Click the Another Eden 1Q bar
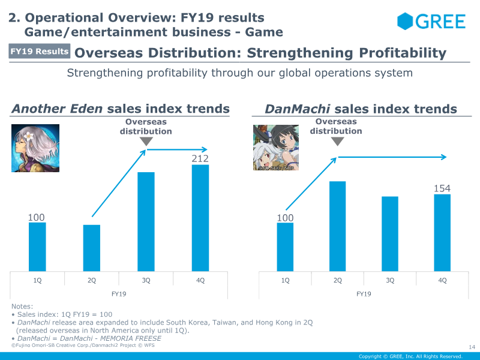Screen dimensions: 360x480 (x=37, y=247)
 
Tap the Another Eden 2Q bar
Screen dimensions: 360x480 (x=92, y=248)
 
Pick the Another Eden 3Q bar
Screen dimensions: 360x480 (x=146, y=221)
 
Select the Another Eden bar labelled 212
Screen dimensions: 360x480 (x=200, y=218)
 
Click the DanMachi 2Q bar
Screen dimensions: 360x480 (x=338, y=226)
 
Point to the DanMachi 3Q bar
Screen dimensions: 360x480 (x=390, y=233)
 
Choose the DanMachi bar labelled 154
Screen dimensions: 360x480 (x=442, y=232)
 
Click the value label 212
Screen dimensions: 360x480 (x=200, y=159)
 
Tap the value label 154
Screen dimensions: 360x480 (x=442, y=189)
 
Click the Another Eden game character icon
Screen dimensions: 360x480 (x=36, y=148)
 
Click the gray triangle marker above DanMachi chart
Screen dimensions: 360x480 (x=338, y=142)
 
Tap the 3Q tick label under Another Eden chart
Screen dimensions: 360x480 (x=146, y=280)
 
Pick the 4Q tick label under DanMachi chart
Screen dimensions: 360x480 (x=442, y=280)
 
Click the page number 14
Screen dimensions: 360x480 (x=471, y=346)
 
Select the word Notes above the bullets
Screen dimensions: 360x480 (x=22, y=307)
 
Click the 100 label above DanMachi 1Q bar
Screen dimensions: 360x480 (x=285, y=217)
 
